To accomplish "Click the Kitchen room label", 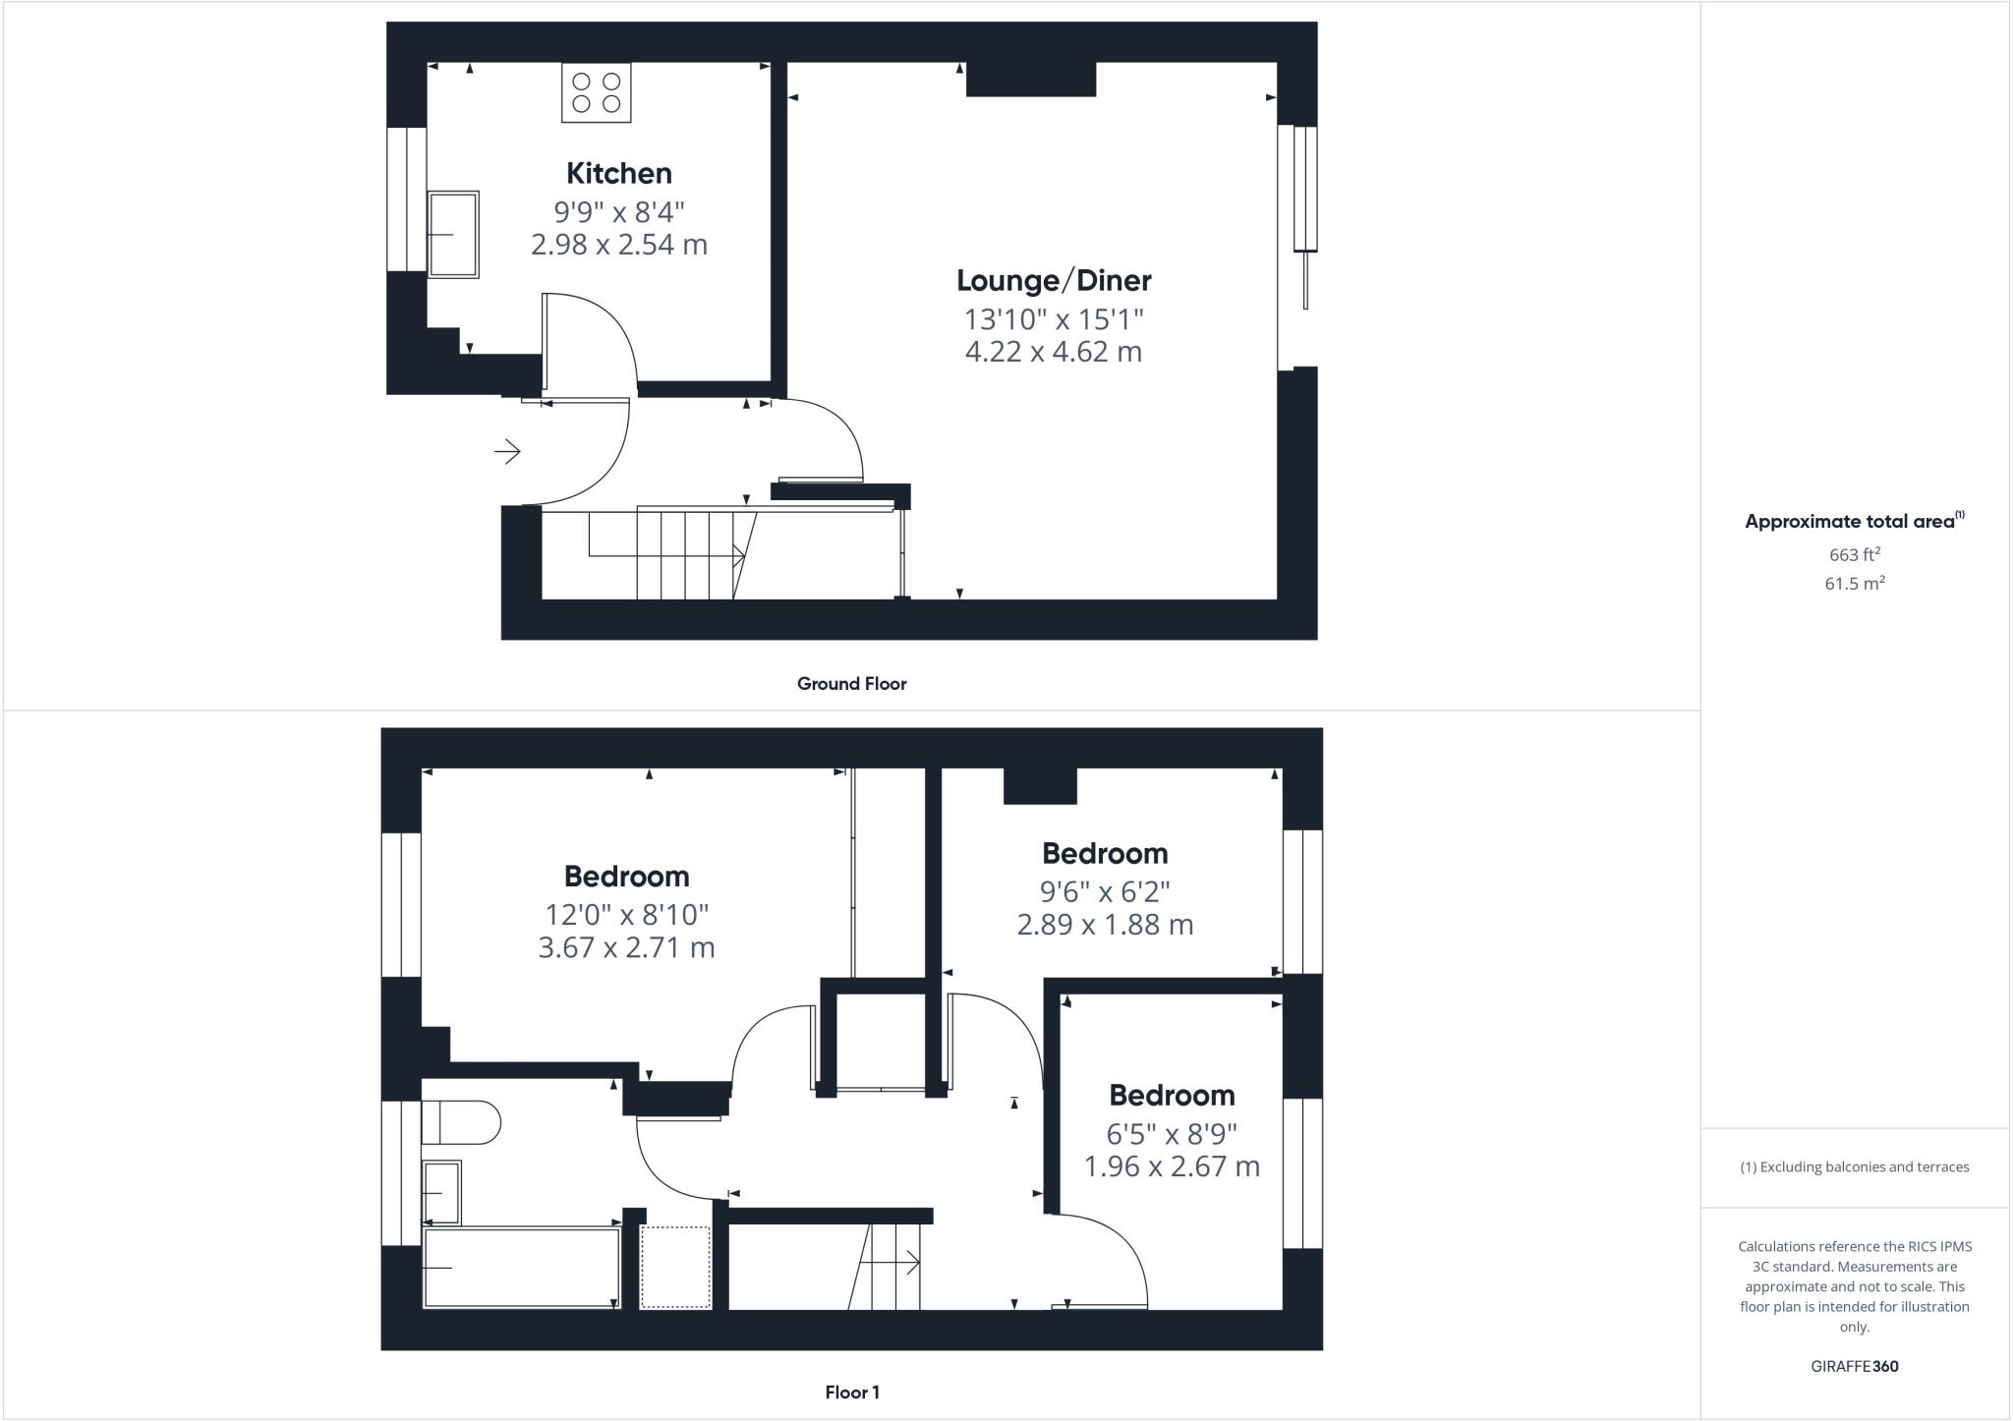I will coord(619,174).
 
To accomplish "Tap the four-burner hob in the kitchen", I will coord(596,92).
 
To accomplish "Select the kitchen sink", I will coord(453,234).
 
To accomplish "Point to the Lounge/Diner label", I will coord(1054,281).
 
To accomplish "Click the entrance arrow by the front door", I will coord(507,451).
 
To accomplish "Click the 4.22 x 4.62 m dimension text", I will coord(1054,352).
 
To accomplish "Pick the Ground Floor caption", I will coord(851,684).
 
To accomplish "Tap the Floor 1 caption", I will coord(852,1393).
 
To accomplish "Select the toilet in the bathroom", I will coord(460,1122).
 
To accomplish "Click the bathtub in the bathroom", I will coord(521,1268).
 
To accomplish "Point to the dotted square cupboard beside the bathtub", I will coord(675,1267).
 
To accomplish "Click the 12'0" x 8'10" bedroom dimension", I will coord(627,915).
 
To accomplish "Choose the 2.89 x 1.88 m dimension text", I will coord(1105,925).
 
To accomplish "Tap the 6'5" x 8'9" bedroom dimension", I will coord(1172,1134).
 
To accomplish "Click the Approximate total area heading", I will coord(1853,522).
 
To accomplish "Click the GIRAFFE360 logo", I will coord(1855,1366).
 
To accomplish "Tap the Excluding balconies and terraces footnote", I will coord(1855,1167).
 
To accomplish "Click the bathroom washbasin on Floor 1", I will coord(441,1192).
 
